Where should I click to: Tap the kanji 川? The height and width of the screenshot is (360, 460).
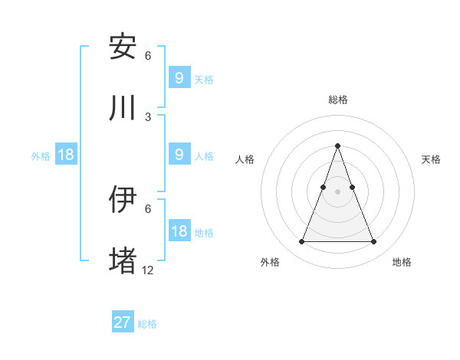(x=123, y=108)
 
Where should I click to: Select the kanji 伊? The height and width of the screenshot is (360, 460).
(x=123, y=199)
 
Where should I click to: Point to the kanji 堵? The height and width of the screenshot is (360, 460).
(x=123, y=260)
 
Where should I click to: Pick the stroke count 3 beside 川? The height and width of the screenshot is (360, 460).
(x=148, y=116)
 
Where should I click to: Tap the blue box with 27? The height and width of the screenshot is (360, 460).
(x=123, y=322)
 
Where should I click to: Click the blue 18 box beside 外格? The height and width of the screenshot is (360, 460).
(x=66, y=155)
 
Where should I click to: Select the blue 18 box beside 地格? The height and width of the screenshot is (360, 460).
(x=179, y=231)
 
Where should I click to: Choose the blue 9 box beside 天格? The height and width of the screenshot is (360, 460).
(x=179, y=77)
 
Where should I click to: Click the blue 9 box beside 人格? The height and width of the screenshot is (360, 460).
(x=179, y=155)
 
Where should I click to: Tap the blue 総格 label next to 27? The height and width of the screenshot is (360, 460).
(x=148, y=324)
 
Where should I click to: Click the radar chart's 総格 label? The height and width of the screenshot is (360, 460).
(x=337, y=100)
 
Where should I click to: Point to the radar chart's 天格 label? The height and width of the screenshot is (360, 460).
(x=432, y=159)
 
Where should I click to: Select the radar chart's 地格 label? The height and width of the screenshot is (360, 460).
(x=402, y=262)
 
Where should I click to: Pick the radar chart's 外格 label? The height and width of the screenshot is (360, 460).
(x=271, y=262)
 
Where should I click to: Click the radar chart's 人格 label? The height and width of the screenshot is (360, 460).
(x=245, y=159)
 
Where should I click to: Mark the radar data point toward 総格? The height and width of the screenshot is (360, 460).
(x=337, y=146)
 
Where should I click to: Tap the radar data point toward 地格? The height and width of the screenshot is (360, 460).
(x=373, y=242)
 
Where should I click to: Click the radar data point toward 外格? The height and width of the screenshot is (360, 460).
(x=301, y=242)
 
